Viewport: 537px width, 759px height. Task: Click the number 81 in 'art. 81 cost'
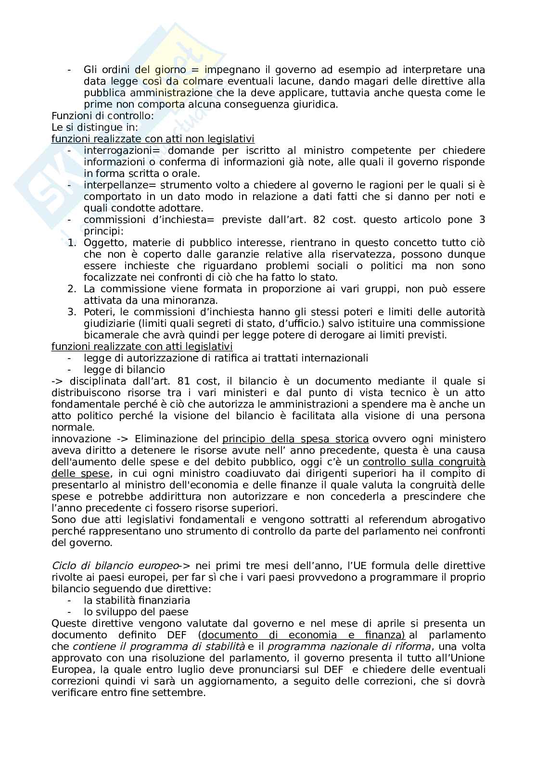click(x=183, y=381)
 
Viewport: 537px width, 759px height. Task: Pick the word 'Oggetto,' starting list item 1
click(x=102, y=243)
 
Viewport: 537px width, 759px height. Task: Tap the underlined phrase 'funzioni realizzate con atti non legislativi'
click(x=153, y=139)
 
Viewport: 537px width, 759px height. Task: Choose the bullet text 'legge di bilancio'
click(x=124, y=370)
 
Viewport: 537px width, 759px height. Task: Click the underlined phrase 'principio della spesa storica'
click(x=295, y=439)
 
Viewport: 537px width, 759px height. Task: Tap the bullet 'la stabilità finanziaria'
click(x=137, y=600)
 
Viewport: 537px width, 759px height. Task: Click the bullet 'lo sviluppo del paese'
click(x=136, y=612)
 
